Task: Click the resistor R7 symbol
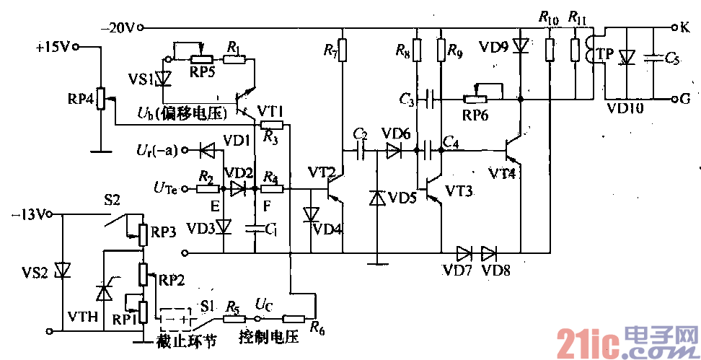tap(343, 51)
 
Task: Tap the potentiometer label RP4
tap(81, 99)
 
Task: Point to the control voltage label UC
tap(265, 305)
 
